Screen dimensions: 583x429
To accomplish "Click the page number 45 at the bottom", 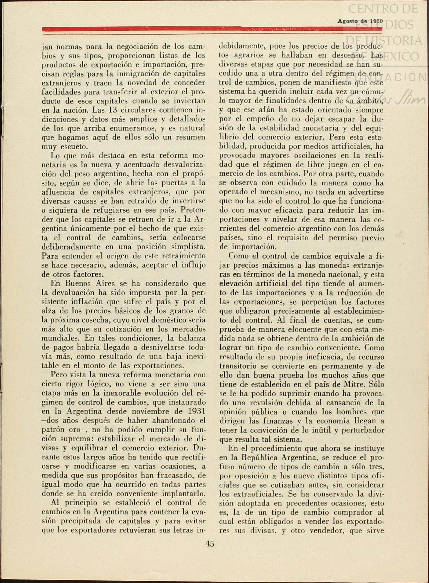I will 210,543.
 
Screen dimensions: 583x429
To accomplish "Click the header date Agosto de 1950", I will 360,21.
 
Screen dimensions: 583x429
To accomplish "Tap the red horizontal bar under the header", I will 212,29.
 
